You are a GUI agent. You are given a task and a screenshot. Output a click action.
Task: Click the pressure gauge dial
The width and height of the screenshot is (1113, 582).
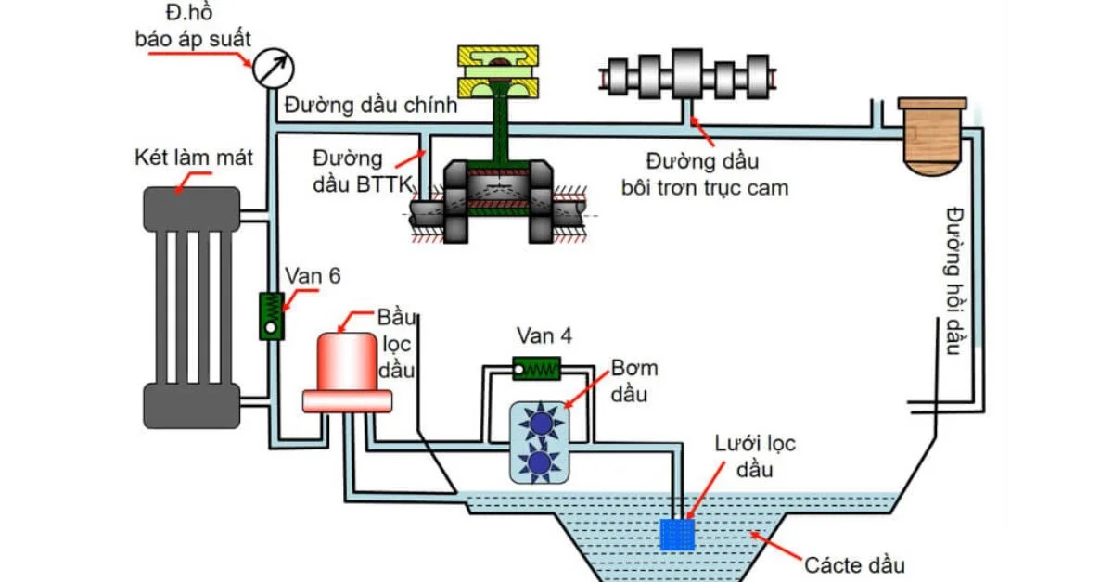[x=272, y=68]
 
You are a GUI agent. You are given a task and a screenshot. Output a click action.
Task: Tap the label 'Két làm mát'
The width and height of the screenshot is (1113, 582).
[x=193, y=158]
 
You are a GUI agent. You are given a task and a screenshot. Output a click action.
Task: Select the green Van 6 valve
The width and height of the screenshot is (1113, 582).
[x=272, y=315]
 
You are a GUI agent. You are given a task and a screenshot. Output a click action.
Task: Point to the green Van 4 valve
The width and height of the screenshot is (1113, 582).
[x=537, y=369]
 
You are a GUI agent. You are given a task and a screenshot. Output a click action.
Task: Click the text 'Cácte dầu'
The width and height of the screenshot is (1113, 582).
[x=854, y=563]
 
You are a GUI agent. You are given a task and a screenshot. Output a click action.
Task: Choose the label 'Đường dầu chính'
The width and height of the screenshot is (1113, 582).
[x=371, y=106]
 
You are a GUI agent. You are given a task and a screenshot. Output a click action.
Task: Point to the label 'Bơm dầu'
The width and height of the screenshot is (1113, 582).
[x=633, y=380]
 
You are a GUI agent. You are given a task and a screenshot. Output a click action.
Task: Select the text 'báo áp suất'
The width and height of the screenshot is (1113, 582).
[x=193, y=41]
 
